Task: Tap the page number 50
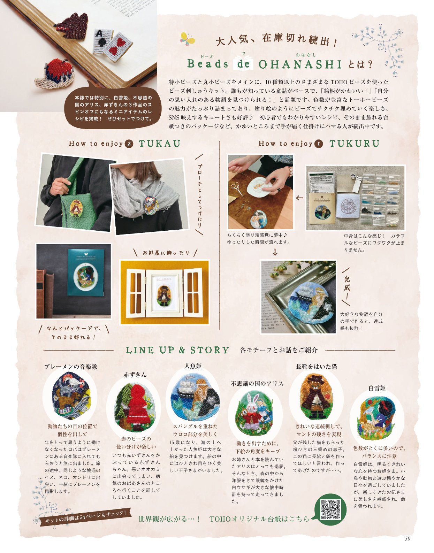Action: click(407, 538)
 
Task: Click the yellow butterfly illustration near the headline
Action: click(187, 39)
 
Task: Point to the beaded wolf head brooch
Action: click(71, 26)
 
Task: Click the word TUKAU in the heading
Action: click(160, 144)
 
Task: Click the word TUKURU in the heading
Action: click(354, 144)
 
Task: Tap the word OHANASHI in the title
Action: click(300, 65)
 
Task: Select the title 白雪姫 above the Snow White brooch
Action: click(377, 388)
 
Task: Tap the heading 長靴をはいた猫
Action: click(317, 367)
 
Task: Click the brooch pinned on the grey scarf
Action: click(151, 205)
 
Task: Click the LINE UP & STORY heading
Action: click(177, 350)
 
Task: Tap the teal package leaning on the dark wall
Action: click(86, 272)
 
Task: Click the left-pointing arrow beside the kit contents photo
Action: click(299, 198)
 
